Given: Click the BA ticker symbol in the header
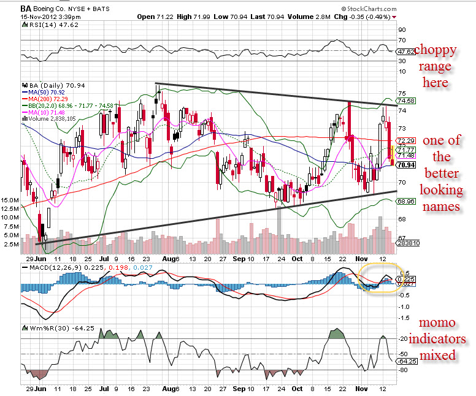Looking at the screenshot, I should pyautogui.click(x=26, y=8).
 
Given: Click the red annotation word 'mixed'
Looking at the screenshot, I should pyautogui.click(x=437, y=355).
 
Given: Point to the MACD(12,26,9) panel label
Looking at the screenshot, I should pyautogui.click(x=50, y=268).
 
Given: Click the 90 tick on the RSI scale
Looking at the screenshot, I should pyautogui.click(x=402, y=29).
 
